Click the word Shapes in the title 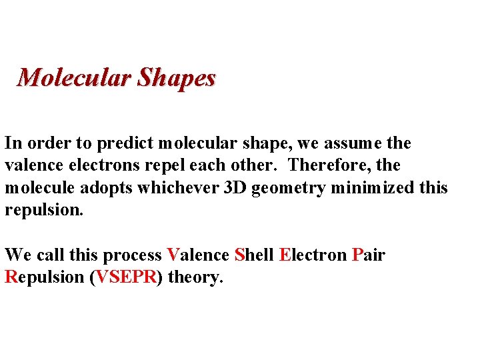click(177, 79)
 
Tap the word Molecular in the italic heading click(74, 78)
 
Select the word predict click(122, 143)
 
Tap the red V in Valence click(172, 255)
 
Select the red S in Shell click(240, 255)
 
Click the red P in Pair click(357, 255)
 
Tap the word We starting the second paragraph click(17, 255)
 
